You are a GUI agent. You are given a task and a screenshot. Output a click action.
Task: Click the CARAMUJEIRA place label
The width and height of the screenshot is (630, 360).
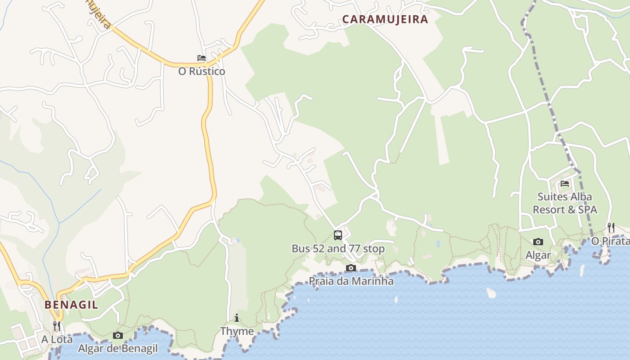[385, 19]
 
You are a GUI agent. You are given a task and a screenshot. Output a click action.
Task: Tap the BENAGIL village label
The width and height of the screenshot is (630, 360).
[71, 305]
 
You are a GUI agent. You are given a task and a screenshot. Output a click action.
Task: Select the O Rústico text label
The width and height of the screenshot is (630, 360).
[202, 71]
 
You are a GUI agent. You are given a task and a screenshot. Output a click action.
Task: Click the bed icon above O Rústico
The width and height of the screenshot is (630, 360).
[202, 58]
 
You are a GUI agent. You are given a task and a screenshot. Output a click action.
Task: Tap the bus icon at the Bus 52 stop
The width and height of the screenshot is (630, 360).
[337, 235]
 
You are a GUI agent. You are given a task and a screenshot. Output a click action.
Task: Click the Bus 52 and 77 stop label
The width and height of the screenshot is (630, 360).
[338, 248]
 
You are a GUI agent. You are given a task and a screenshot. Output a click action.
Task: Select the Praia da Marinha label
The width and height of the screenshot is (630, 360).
[351, 281]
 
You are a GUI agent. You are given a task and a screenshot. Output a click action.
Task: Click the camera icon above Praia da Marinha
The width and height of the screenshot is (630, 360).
[351, 268]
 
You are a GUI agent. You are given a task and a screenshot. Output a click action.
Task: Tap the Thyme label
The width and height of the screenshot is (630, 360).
[237, 331]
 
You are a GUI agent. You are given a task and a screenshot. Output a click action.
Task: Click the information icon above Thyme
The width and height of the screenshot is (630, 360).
[237, 318]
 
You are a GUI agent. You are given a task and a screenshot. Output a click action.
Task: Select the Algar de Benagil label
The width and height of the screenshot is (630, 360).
[118, 348]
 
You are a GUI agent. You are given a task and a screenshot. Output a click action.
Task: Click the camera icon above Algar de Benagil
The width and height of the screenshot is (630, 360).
[118, 335]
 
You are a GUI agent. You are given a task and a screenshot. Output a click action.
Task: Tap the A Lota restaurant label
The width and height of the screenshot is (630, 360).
[57, 339]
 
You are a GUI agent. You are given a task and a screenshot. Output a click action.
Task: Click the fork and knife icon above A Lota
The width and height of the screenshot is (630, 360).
[57, 325]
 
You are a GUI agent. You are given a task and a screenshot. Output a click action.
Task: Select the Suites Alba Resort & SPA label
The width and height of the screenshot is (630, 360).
[565, 203]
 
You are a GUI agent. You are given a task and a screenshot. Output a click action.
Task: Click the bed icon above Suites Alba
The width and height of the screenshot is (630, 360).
[565, 184]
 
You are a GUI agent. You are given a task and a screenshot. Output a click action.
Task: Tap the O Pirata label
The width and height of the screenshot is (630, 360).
[610, 241]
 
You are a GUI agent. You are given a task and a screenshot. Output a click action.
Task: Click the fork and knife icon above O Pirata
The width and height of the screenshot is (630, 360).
[611, 227]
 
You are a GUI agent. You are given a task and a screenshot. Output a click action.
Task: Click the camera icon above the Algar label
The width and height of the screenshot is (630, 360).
[538, 242]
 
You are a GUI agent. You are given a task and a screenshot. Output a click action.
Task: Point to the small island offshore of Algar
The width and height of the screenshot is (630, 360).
[491, 293]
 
